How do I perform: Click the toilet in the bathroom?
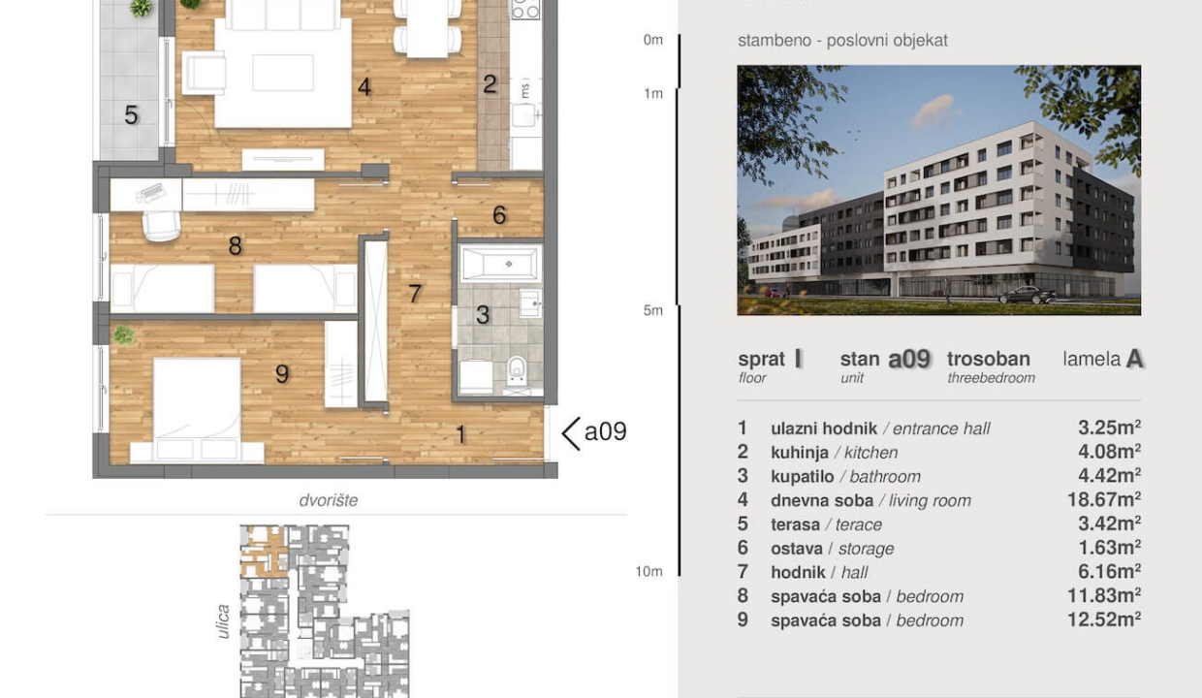pos(517,370)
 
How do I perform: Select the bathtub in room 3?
pos(500,264)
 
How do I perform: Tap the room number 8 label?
pos(235,246)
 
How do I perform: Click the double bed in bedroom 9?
pos(197,409)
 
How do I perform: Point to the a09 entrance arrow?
pos(571,433)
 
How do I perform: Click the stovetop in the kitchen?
pos(525,9)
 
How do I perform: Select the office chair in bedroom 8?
pos(161,225)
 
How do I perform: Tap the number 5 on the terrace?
pos(131,114)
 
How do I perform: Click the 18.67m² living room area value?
pos(1103,499)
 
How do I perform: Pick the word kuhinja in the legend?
pos(800,453)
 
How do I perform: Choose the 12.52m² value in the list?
pos(1103,619)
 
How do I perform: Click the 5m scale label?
pos(653,310)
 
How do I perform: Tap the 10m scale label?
pos(648,571)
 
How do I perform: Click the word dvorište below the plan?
pos(329,500)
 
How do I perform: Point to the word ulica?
pos(223,621)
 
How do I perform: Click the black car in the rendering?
pos(1028,295)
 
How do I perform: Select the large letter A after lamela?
pos(1134,359)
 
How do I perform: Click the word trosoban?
pos(989,359)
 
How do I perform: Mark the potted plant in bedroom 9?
pos(124,334)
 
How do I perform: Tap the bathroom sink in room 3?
pos(530,303)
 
